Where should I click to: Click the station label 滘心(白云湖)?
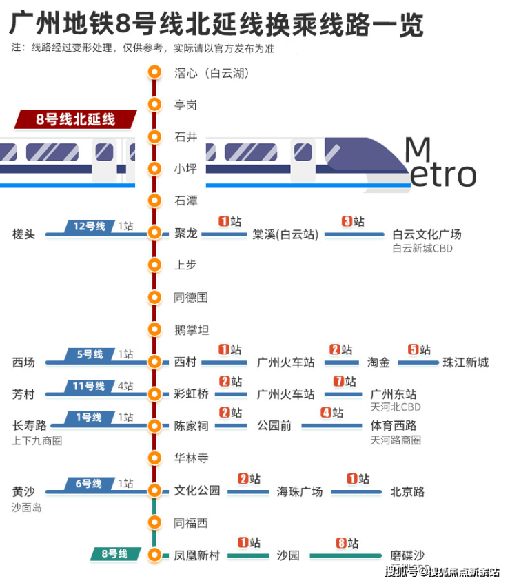pos(211,72)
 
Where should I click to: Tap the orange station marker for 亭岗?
pos(155,105)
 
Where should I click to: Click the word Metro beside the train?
pos(440,163)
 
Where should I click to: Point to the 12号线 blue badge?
pos(89,226)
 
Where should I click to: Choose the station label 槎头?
pos(23,234)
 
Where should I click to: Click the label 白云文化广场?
pos(427,234)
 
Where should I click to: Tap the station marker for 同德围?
pos(155,298)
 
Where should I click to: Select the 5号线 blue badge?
pos(89,354)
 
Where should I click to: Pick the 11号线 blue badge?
pos(89,386)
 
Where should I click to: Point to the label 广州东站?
pos(394,394)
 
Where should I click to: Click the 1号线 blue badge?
pos(89,418)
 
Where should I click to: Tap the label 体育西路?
pos(394,426)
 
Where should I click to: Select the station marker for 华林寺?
pos(155,458)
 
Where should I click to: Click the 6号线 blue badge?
pos(89,484)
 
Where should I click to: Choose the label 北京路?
pos(407,491)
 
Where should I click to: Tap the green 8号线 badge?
pos(114,553)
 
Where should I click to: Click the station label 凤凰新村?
pos(197,555)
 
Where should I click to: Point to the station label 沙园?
pos(288,555)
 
